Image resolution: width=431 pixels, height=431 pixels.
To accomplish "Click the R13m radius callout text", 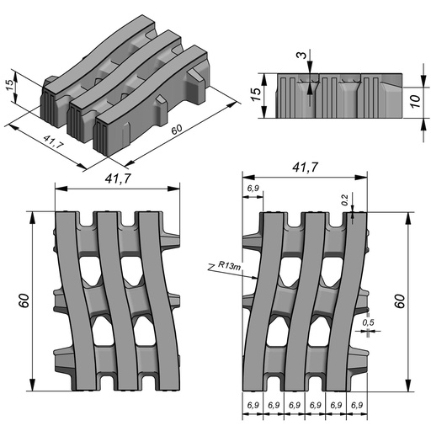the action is point(229,265).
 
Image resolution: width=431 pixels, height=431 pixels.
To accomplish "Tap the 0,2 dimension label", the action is point(345,200).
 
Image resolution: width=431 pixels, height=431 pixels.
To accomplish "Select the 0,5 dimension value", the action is point(368,322).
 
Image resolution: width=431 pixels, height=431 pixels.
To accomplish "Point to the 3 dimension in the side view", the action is point(301,55).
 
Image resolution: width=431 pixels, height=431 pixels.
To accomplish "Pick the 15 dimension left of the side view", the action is point(256,94).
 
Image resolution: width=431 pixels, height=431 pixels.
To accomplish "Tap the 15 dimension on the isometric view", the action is point(10,85).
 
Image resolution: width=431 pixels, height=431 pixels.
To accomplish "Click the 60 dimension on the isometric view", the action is point(177,130).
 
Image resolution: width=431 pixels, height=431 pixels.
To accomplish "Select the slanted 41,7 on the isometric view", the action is point(54,141).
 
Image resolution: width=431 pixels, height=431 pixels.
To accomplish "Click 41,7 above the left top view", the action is point(118,178).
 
